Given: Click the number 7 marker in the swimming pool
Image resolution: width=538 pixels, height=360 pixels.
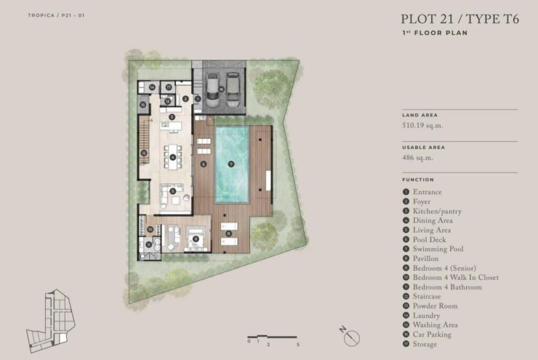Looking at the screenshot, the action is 231,164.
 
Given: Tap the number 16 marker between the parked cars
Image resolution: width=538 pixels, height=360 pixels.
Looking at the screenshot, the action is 221,89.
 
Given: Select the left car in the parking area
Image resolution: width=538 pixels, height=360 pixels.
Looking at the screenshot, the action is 212,90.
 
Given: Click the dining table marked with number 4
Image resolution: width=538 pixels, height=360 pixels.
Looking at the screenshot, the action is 173,157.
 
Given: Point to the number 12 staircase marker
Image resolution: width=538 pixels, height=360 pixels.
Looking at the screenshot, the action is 144,153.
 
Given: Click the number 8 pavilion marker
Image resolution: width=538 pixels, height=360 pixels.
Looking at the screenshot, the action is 229,234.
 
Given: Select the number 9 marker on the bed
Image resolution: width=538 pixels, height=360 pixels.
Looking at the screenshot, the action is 195,239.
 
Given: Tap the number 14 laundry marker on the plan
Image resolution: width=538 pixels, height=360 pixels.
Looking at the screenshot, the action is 152,87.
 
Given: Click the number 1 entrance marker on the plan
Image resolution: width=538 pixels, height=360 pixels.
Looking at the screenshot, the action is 198,99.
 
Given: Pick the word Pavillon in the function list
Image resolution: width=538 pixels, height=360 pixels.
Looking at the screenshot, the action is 426,259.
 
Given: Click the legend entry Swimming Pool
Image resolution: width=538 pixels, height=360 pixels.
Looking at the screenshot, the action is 438,249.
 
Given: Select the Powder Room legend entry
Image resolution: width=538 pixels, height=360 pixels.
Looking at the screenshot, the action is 435,306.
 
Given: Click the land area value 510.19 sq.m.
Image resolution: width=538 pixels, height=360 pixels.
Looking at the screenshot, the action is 422,125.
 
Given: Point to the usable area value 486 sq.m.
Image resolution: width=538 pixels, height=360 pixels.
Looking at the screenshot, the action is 418,158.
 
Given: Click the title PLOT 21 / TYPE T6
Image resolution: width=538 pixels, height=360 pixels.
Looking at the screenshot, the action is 460,19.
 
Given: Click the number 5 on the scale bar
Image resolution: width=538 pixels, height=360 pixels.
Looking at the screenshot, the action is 298,344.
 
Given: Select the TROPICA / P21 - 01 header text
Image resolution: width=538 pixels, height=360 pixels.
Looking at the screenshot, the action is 56,15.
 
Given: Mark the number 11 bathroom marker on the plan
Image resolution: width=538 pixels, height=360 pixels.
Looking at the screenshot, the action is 149,244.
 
